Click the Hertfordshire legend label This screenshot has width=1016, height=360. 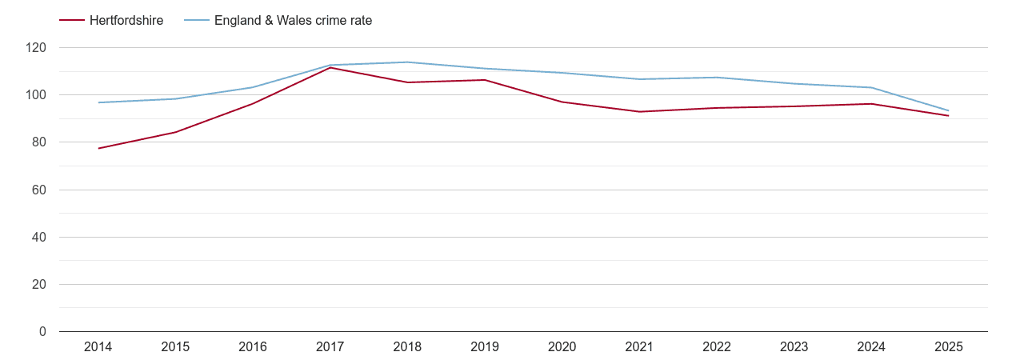click(x=126, y=21)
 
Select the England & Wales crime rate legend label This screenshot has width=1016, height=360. click(x=293, y=21)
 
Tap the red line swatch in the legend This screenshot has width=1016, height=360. click(x=72, y=21)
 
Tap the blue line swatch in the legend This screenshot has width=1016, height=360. click(x=196, y=21)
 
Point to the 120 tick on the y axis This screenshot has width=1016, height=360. click(x=36, y=48)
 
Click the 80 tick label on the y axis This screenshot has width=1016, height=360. click(x=39, y=142)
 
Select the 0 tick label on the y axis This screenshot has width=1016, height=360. click(x=42, y=331)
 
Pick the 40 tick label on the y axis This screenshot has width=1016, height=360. click(x=39, y=237)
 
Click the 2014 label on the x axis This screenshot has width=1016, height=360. click(x=98, y=347)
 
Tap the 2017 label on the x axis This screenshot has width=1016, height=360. click(x=330, y=347)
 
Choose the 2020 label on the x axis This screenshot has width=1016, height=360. click(x=562, y=347)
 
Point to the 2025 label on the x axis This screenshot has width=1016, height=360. click(x=948, y=347)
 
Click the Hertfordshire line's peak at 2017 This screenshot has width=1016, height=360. click(x=330, y=68)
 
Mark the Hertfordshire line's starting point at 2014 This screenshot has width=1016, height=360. click(x=98, y=148)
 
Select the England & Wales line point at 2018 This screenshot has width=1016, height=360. click(x=407, y=62)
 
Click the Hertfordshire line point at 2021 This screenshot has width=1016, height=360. click(x=639, y=111)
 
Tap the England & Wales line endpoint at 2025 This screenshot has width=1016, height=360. click(x=948, y=110)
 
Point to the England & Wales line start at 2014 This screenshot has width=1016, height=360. click(x=98, y=102)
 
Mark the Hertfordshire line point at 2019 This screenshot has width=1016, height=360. click(x=485, y=80)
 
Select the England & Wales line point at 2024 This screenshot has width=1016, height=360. click(x=871, y=87)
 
